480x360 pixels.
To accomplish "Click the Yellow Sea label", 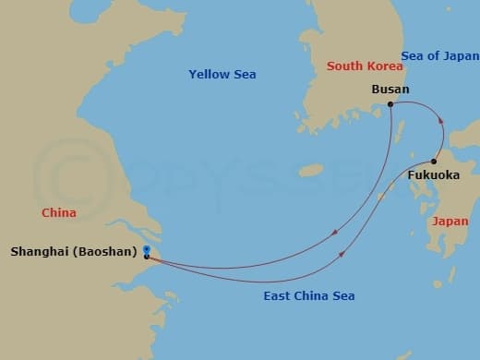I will coord(222,74).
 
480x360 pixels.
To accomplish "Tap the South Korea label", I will coord(365,66).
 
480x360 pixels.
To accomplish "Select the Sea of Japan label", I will coord(441,55).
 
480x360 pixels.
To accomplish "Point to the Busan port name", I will coord(390,90).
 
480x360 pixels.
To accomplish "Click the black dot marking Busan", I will coord(390,104).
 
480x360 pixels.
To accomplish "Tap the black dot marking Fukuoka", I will coord(433,162).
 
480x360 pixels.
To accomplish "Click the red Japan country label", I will coord(450,222).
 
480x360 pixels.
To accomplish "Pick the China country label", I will coord(58,213).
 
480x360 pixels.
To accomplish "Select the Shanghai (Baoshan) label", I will coord(75,251).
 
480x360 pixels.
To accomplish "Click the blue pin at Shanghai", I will coord(147,252).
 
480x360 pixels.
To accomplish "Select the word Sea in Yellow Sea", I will coord(244,74).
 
